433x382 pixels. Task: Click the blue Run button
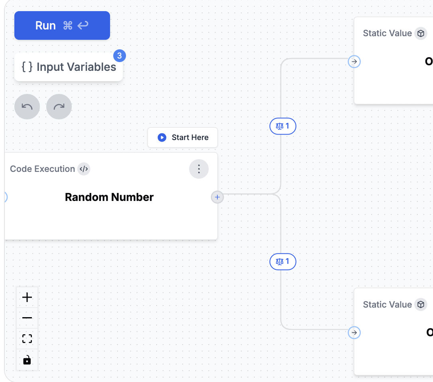pyautogui.click(x=62, y=25)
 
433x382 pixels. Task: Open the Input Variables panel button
pyautogui.click(x=69, y=67)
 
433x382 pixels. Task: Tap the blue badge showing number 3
pyautogui.click(x=119, y=56)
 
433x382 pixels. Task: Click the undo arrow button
pyautogui.click(x=27, y=107)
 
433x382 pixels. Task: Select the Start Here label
pyautogui.click(x=190, y=137)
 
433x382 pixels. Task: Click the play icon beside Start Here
pyautogui.click(x=161, y=137)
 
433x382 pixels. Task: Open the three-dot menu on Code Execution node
pyautogui.click(x=199, y=169)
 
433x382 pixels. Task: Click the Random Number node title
pyautogui.click(x=109, y=197)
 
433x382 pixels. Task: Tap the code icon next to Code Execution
pyautogui.click(x=84, y=169)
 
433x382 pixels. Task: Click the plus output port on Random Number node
pyautogui.click(x=217, y=197)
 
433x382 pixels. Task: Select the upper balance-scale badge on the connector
pyautogui.click(x=283, y=127)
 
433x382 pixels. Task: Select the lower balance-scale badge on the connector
pyautogui.click(x=283, y=261)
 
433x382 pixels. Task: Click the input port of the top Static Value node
pyautogui.click(x=354, y=62)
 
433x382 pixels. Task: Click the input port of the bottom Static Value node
pyautogui.click(x=354, y=332)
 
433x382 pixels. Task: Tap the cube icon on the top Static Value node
pyautogui.click(x=421, y=33)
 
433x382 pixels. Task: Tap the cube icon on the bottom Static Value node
pyautogui.click(x=421, y=305)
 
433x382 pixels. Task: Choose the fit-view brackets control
pyautogui.click(x=27, y=339)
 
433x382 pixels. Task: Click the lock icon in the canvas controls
pyautogui.click(x=27, y=360)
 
